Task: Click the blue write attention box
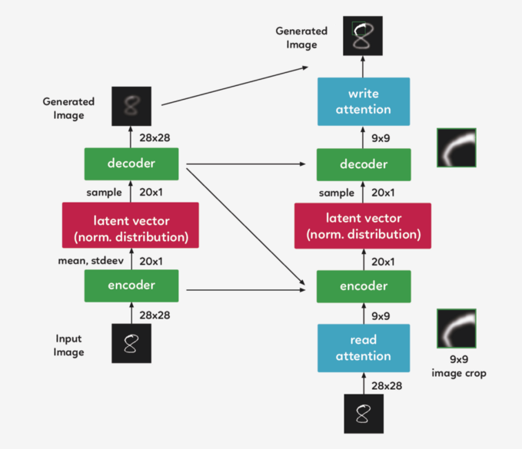[x=363, y=101]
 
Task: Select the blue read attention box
[x=363, y=348]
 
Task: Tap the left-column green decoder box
[x=131, y=163]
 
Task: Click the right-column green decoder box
[x=363, y=163]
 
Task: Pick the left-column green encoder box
[x=131, y=286]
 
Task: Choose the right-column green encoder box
[x=363, y=286]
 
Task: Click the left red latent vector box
[x=131, y=225]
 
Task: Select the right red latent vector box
[x=363, y=225]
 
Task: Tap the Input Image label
[x=68, y=345]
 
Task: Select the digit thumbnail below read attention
[x=363, y=415]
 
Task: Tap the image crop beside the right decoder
[x=457, y=148]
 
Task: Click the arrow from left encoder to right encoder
[x=246, y=290]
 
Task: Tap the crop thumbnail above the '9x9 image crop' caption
[x=457, y=328]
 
